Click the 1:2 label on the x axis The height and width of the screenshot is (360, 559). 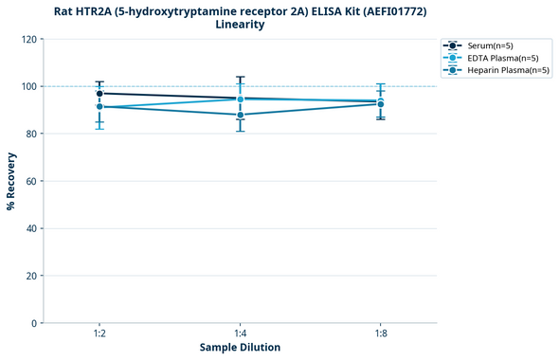tap(99, 333)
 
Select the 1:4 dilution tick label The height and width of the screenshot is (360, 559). tap(240, 333)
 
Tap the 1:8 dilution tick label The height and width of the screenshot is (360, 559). tap(380, 333)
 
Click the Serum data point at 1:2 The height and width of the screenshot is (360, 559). tap(99, 93)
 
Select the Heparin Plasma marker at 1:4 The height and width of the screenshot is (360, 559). tap(240, 115)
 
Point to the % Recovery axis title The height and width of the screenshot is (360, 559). tap(11, 181)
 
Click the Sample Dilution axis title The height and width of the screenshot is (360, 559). tap(240, 348)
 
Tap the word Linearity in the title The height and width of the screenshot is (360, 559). tap(240, 25)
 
